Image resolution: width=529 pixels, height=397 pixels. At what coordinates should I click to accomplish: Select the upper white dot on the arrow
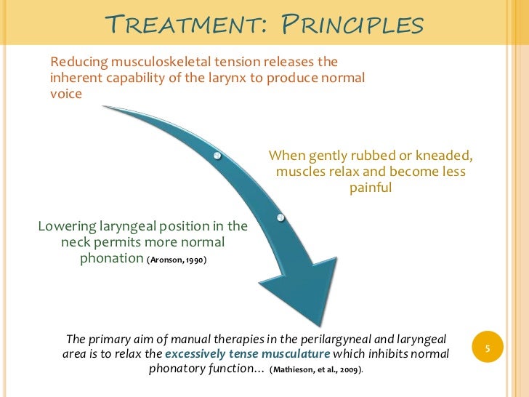[x=217, y=156]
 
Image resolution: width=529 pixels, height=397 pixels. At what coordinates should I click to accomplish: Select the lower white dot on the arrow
[x=280, y=217]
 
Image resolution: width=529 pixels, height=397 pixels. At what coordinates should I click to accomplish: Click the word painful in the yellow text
[x=371, y=188]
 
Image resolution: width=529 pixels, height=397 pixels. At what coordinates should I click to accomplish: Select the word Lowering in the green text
[x=66, y=225]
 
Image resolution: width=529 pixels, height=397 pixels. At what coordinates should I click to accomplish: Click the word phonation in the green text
[x=110, y=258]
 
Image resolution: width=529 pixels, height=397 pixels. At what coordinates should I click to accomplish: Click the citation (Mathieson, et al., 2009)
[x=316, y=369]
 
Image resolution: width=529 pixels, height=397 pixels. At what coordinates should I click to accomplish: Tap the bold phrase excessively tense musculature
[x=248, y=353]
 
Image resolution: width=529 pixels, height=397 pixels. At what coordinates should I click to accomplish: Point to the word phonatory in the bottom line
[x=182, y=369]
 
